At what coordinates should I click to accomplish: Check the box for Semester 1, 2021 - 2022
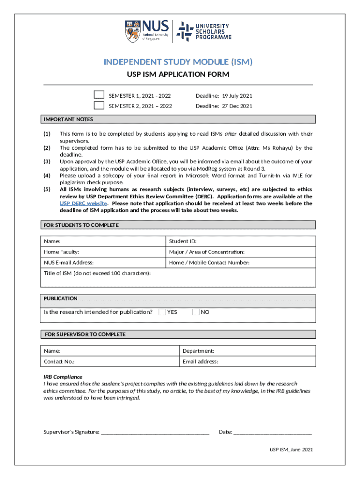pos(99,95)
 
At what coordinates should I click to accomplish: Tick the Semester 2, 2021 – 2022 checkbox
pos(99,105)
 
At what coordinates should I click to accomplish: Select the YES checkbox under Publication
pos(162,312)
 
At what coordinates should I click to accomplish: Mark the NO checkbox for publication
pos(196,312)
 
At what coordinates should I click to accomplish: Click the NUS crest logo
pos(132,31)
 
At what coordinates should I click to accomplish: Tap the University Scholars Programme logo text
pos(212,31)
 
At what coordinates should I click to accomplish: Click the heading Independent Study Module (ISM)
pos(178,62)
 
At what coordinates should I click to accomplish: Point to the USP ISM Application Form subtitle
pos(178,74)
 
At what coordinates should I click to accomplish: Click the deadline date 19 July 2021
pos(224,96)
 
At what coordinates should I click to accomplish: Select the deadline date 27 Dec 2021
pos(224,106)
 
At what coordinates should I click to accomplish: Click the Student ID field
pos(241,241)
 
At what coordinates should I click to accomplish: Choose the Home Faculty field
pos(104,252)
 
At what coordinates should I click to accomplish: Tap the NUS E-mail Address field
pos(104,263)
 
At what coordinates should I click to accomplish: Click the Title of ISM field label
pos(97,273)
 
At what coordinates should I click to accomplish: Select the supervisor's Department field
pos(247,351)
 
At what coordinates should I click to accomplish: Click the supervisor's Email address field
pos(247,362)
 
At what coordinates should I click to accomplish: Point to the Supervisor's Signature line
pos(154,431)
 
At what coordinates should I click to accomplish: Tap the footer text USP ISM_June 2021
pos(291,450)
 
